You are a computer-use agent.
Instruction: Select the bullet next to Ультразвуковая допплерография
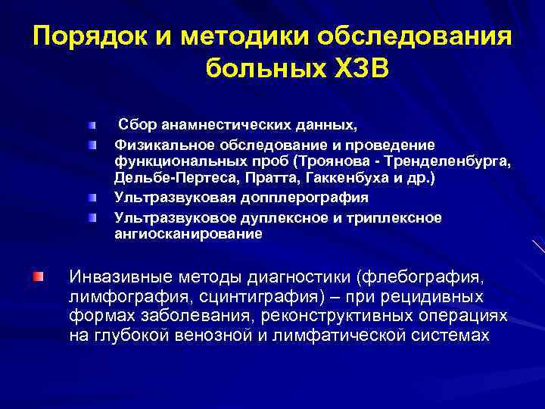pos(92,198)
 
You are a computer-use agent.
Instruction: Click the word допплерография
pos(313,198)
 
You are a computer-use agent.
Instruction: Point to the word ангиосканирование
pos(188,235)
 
